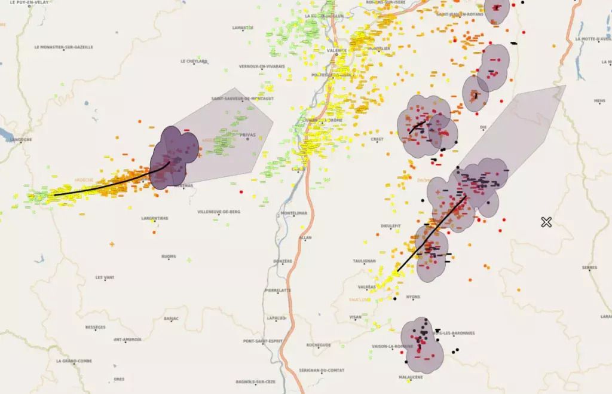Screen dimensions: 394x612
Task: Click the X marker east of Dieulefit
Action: click(546, 222)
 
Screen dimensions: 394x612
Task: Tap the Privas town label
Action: click(247, 135)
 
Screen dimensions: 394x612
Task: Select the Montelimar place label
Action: click(293, 213)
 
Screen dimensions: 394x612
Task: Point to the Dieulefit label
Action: click(390, 225)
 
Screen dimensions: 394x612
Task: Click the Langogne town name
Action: click(20, 140)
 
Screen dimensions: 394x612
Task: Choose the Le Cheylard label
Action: click(194, 61)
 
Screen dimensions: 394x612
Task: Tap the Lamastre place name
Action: click(243, 28)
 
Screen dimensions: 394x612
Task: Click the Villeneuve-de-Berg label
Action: click(219, 212)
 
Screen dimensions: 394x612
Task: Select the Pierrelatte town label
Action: click(278, 290)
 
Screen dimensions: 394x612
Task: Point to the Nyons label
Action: click(413, 297)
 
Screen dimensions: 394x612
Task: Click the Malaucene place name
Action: click(411, 377)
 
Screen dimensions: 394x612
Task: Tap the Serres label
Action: click(589, 268)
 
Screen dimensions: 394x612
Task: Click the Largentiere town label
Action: click(154, 218)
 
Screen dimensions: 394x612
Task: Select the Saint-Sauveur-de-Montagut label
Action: click(243, 99)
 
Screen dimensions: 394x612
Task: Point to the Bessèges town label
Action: click(96, 327)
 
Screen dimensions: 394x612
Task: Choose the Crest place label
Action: click(377, 139)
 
